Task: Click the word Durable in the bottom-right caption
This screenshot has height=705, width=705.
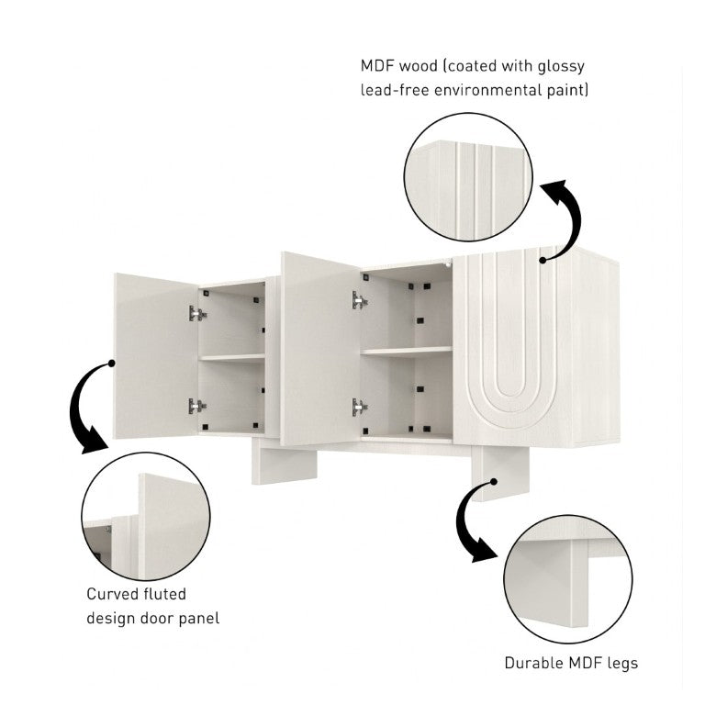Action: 533,663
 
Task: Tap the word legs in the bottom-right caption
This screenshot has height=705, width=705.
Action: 622,664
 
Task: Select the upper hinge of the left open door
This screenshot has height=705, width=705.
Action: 197,313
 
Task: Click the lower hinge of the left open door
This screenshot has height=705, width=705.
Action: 197,406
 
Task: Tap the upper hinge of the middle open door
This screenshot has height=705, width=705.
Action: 360,300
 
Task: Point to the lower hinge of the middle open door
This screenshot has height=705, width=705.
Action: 360,407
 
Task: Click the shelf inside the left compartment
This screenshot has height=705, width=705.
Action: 232,358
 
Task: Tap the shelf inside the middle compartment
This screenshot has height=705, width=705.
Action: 407,352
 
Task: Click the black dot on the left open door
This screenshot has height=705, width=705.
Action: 111,364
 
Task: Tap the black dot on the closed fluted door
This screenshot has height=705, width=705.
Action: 543,260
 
